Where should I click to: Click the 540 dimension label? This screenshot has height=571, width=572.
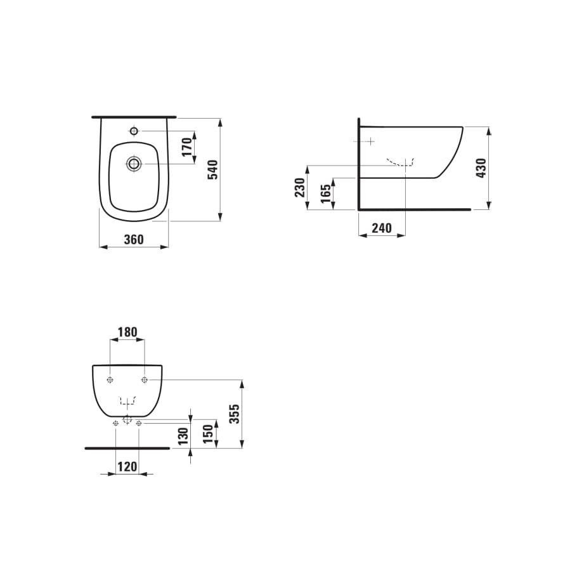[213, 169]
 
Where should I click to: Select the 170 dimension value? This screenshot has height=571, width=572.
[186, 147]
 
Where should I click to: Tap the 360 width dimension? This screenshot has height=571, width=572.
[134, 239]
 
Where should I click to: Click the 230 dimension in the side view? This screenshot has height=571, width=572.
[300, 188]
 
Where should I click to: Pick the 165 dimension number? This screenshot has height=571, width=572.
[325, 194]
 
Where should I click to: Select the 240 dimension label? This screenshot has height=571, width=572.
[382, 228]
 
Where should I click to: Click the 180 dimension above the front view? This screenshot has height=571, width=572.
[127, 332]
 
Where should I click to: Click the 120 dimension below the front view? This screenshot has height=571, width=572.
[127, 467]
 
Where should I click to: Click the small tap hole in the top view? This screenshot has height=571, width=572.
[134, 131]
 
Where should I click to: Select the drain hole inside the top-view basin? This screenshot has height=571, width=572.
[134, 164]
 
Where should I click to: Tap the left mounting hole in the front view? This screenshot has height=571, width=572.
[110, 380]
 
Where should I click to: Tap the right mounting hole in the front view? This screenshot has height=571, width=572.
[145, 380]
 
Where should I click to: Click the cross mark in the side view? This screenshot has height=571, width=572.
[369, 140]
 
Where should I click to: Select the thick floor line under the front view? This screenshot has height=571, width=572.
[127, 448]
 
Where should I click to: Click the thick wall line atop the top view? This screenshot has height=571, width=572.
[134, 117]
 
